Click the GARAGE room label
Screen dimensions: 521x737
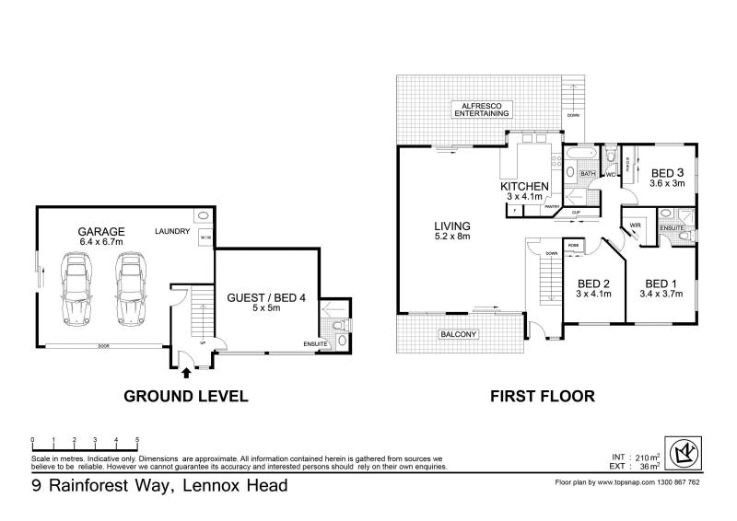click(101, 231)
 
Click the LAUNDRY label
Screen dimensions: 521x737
click(172, 231)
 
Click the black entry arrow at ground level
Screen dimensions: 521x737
click(187, 372)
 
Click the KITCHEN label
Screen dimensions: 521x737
click(526, 187)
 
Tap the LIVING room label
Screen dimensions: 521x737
click(453, 226)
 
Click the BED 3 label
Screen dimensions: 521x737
click(667, 173)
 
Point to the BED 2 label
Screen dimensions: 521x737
click(594, 284)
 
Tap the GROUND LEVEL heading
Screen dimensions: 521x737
click(185, 397)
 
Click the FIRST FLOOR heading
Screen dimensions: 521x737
click(544, 397)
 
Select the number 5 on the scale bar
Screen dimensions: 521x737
click(137, 440)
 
